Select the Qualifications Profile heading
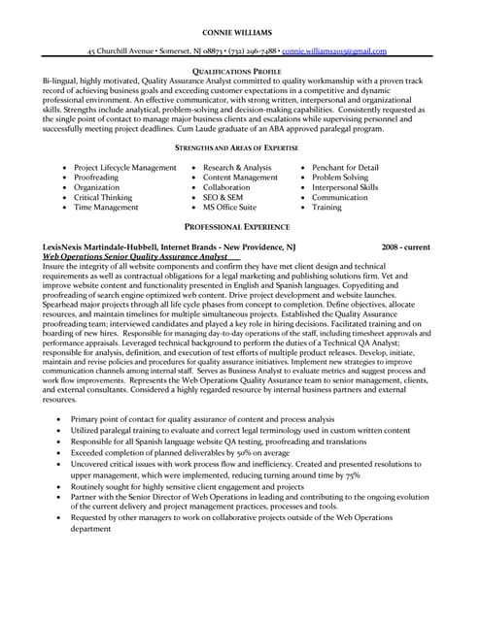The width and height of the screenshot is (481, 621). click(x=240, y=72)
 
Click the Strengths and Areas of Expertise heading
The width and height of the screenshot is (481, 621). click(x=240, y=147)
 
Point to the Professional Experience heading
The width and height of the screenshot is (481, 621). click(x=240, y=225)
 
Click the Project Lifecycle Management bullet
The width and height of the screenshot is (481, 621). click(x=125, y=168)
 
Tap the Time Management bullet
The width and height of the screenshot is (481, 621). click(x=106, y=208)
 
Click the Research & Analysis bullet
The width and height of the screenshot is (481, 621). click(x=237, y=168)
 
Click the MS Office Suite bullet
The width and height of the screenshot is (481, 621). click(x=229, y=208)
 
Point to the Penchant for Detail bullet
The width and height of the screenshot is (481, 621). click(x=345, y=168)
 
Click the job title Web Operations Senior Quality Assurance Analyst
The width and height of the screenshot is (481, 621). click(x=135, y=257)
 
